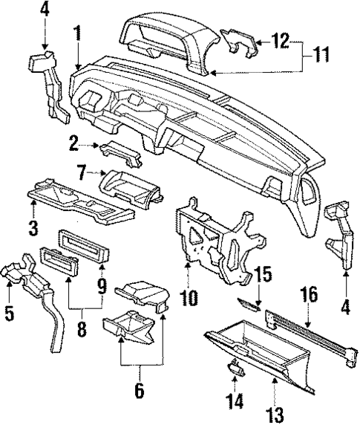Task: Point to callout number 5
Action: pyautogui.click(x=9, y=313)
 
